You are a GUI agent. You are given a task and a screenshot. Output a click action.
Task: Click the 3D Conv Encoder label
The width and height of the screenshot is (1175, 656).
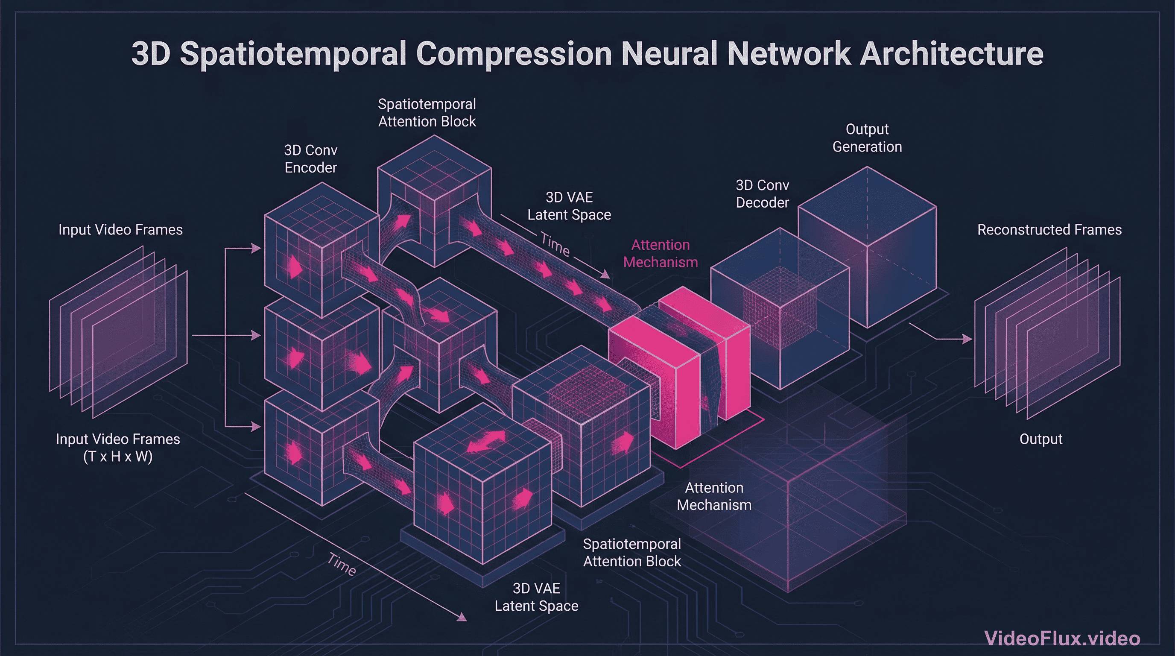[311, 159]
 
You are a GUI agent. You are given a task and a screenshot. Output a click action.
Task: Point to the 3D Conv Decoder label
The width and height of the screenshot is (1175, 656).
[762, 194]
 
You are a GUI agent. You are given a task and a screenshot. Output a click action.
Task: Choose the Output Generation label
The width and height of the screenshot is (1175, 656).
[867, 138]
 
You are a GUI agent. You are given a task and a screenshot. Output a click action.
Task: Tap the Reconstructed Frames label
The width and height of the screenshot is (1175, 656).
[1049, 229]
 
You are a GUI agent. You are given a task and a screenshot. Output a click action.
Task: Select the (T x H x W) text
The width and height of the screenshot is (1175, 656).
[118, 456]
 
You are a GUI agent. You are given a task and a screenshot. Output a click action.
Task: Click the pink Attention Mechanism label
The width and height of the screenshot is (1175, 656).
[661, 254]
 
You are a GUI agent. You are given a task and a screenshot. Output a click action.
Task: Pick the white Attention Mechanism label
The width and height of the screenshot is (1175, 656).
[714, 496]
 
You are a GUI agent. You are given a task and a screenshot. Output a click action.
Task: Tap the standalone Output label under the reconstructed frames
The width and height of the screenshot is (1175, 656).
[1041, 439]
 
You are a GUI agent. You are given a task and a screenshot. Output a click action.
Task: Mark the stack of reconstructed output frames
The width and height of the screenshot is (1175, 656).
[1047, 333]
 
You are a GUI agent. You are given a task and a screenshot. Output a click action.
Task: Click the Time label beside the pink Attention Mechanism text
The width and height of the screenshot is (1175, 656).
[555, 245]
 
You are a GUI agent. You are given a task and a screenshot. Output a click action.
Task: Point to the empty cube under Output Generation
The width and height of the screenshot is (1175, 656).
[867, 246]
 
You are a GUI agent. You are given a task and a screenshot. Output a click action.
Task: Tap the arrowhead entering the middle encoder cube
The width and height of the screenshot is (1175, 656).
[255, 336]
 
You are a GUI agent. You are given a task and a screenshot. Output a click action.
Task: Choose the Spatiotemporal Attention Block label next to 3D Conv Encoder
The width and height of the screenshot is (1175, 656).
[427, 113]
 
